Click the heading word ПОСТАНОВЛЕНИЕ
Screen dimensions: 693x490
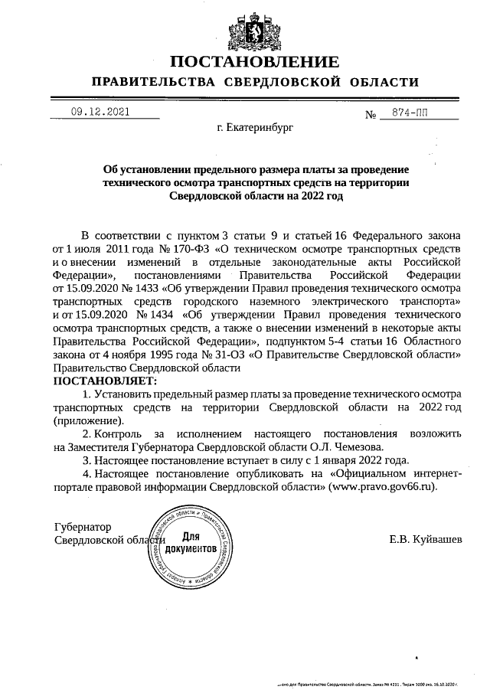(253, 61)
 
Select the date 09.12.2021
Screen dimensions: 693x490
(100, 112)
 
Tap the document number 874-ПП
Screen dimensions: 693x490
(410, 113)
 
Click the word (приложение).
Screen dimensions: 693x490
(88, 421)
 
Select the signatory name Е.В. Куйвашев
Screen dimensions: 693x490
(426, 541)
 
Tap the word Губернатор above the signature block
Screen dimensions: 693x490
(82, 528)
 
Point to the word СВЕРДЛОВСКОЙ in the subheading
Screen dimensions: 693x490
(284, 82)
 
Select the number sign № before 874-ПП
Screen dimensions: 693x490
(371, 115)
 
